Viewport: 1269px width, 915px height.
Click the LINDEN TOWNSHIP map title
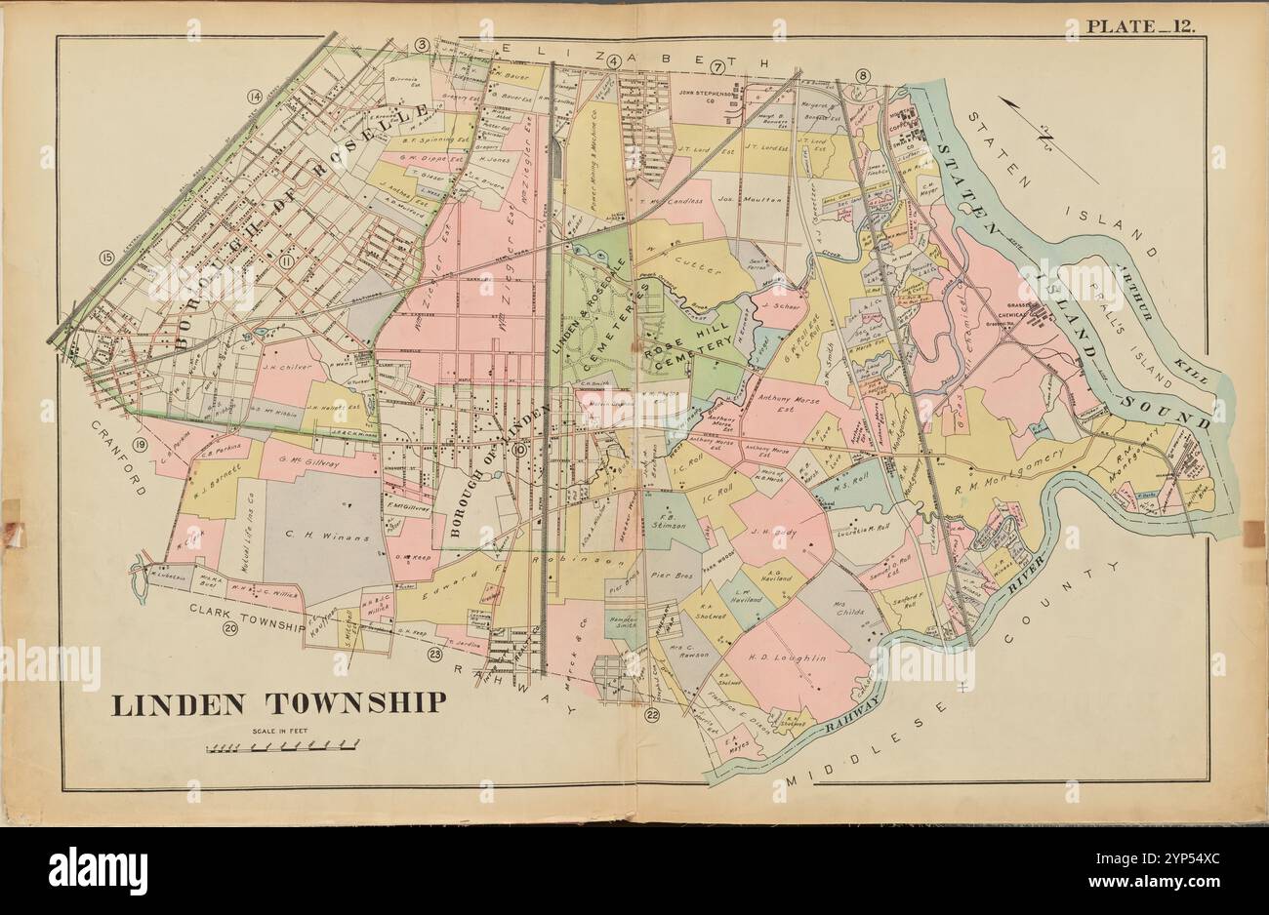[278, 704]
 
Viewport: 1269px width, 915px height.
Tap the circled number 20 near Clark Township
[230, 629]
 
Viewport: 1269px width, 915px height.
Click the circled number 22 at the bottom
[652, 717]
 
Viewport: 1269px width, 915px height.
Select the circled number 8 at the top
[862, 76]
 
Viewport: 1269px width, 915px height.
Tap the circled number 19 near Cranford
[140, 446]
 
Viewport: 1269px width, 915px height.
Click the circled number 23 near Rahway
[433, 655]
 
